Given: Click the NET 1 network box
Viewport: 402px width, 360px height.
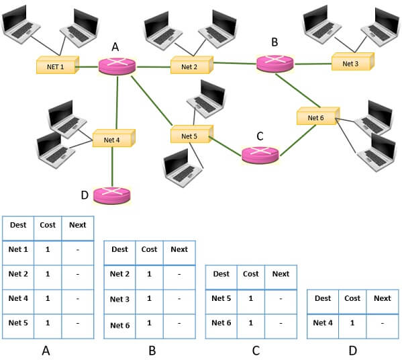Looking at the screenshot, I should point(56,66).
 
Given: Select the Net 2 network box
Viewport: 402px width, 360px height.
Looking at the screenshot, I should point(191,66).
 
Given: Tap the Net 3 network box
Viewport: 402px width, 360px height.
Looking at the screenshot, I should point(352,63).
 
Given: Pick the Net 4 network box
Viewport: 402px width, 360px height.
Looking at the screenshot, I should point(113,139).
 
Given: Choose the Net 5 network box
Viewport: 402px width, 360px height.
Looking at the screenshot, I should point(191,136).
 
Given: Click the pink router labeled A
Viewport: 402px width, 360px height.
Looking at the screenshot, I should point(117,65).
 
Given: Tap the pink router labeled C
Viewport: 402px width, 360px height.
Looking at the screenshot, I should point(260,154).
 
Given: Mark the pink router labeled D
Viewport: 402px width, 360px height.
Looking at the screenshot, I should point(111,195).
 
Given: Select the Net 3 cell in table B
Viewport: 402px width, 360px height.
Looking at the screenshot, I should point(119,299).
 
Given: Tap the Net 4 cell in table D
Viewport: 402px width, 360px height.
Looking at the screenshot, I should point(323,322).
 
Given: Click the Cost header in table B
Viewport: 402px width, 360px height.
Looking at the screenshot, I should point(149,249).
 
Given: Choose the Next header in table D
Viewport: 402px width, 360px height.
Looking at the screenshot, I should point(382,298).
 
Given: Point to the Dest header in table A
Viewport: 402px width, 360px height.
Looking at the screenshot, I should point(19,224).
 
